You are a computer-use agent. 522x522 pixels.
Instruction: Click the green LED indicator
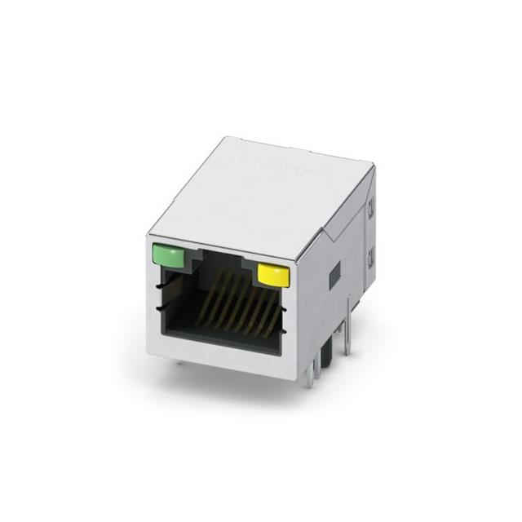[168, 259]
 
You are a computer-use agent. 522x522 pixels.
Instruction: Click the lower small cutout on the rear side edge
[372, 261]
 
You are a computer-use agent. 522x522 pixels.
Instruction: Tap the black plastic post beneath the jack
[326, 357]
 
